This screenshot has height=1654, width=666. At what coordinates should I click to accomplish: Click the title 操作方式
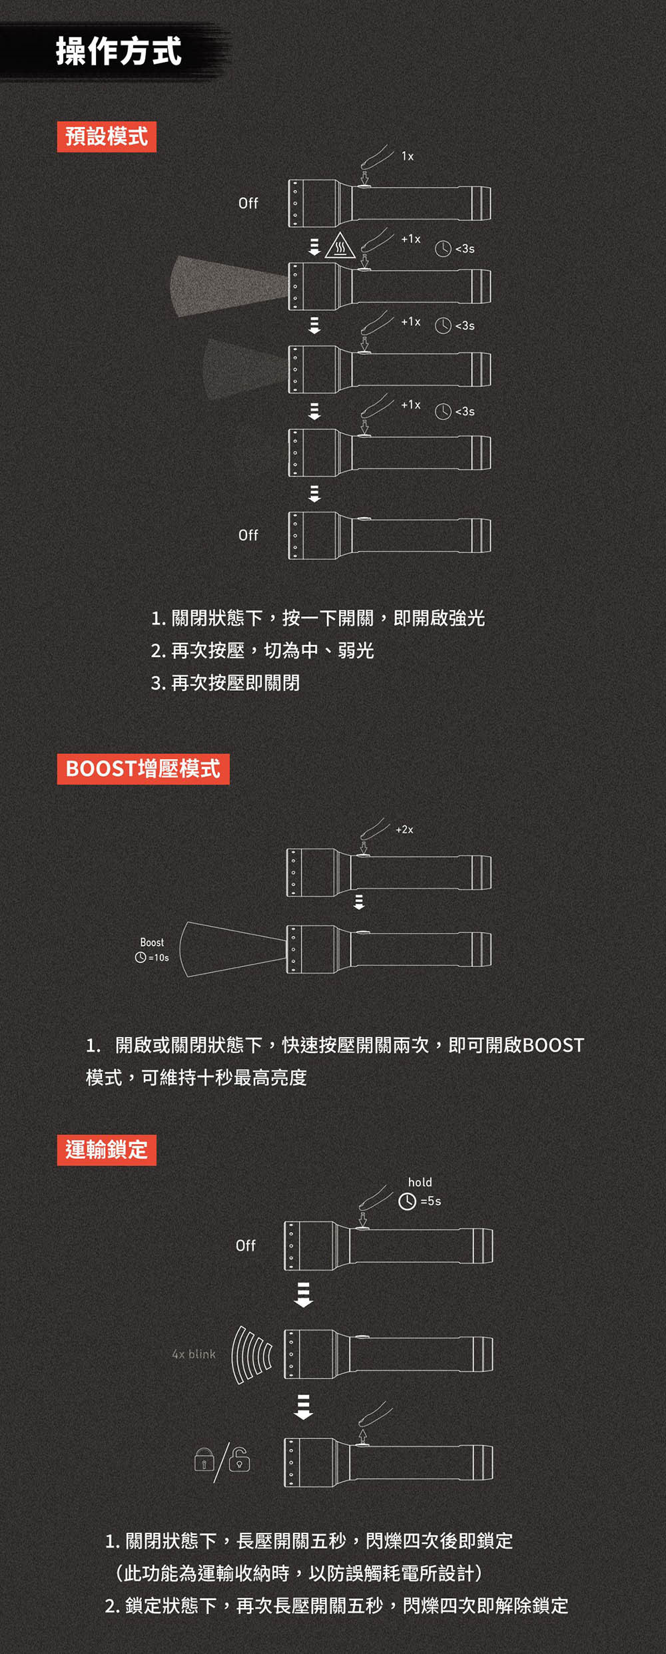(x=119, y=51)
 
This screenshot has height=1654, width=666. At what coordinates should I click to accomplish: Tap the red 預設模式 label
(x=107, y=136)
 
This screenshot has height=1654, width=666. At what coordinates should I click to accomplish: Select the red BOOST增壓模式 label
(x=143, y=769)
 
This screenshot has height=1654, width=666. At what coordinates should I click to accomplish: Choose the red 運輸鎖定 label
(x=107, y=1149)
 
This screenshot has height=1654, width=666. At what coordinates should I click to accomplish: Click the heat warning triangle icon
(x=340, y=246)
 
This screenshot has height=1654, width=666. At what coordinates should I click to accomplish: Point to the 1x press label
(x=408, y=156)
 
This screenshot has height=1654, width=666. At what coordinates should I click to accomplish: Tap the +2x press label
(x=404, y=829)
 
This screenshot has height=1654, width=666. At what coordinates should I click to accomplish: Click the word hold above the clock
(x=420, y=1182)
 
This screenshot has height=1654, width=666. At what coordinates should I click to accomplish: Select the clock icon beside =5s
(x=407, y=1201)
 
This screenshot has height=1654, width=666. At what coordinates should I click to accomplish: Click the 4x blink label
(x=194, y=1354)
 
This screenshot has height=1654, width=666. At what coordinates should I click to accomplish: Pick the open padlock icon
(x=239, y=1459)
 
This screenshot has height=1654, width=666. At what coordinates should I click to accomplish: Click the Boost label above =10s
(x=152, y=942)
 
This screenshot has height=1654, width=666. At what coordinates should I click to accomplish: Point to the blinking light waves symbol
(x=251, y=1354)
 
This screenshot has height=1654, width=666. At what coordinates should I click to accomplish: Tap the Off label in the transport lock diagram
(x=246, y=1245)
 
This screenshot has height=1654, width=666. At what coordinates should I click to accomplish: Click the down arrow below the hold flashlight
(x=304, y=1295)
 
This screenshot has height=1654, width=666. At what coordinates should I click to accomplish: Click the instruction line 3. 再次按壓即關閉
(x=225, y=683)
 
